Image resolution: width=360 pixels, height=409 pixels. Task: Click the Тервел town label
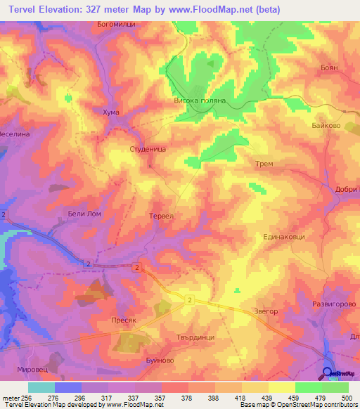click(x=162, y=216)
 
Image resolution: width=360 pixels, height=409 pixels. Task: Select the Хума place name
click(x=111, y=112)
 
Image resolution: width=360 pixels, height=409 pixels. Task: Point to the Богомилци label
click(x=115, y=24)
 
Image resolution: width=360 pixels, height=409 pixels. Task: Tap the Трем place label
click(x=264, y=164)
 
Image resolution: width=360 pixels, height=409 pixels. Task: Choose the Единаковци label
click(x=284, y=238)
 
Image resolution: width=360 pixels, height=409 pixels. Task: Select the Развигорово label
click(x=334, y=304)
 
